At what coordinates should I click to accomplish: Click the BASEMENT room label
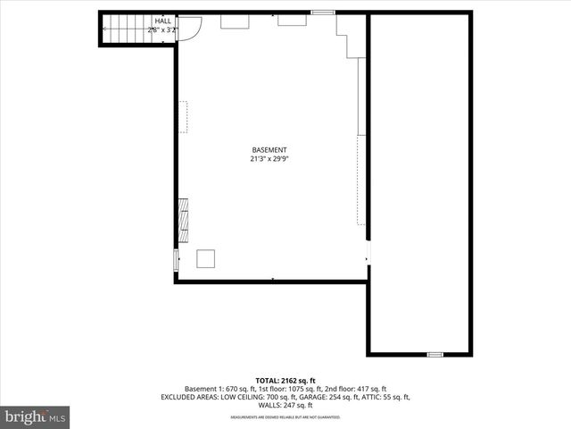pyautogui.click(x=269, y=150)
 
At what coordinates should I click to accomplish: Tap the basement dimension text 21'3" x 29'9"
pyautogui.click(x=269, y=159)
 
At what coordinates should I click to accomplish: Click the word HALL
pyautogui.click(x=163, y=21)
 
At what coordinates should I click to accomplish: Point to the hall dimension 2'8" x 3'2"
pyautogui.click(x=163, y=29)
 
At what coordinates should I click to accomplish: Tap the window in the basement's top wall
pyautogui.click(x=322, y=12)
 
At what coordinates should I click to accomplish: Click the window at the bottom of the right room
pyautogui.click(x=434, y=355)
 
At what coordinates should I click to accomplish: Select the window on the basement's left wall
pyautogui.click(x=175, y=259)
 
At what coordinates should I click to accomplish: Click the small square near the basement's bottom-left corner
pyautogui.click(x=206, y=257)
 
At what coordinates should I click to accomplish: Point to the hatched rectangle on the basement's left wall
pyautogui.click(x=182, y=220)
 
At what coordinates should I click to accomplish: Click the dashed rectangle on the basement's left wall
pyautogui.click(x=183, y=117)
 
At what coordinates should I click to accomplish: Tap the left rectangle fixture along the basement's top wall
pyautogui.click(x=235, y=21)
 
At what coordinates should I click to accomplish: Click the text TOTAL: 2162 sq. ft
pyautogui.click(x=285, y=379)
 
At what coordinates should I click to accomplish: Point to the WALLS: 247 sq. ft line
pyautogui.click(x=285, y=404)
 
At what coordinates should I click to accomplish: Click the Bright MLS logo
pyautogui.click(x=35, y=416)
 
